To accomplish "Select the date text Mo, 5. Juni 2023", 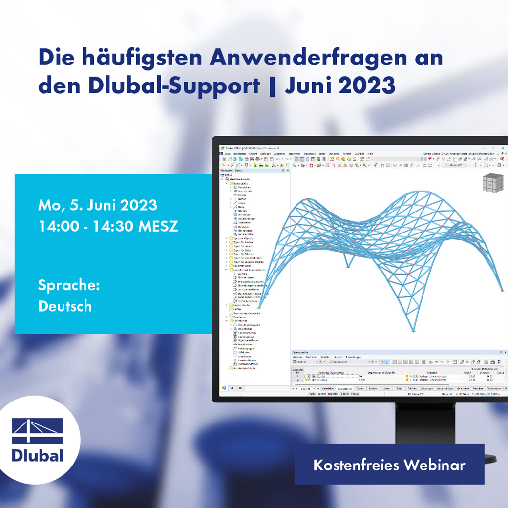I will (98, 205).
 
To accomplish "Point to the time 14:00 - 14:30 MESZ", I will (108, 226).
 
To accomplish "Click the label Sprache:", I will (69, 285).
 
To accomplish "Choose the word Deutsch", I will (65, 306).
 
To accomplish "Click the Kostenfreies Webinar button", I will (389, 465).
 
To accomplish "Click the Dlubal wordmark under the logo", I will (38, 455).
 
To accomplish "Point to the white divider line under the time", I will (112, 254).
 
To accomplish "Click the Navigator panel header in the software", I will (227, 170).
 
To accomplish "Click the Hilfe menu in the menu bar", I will (370, 153).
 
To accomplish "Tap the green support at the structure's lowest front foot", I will (413, 332).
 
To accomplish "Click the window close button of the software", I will (503, 148).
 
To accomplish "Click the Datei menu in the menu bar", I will (227, 153).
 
